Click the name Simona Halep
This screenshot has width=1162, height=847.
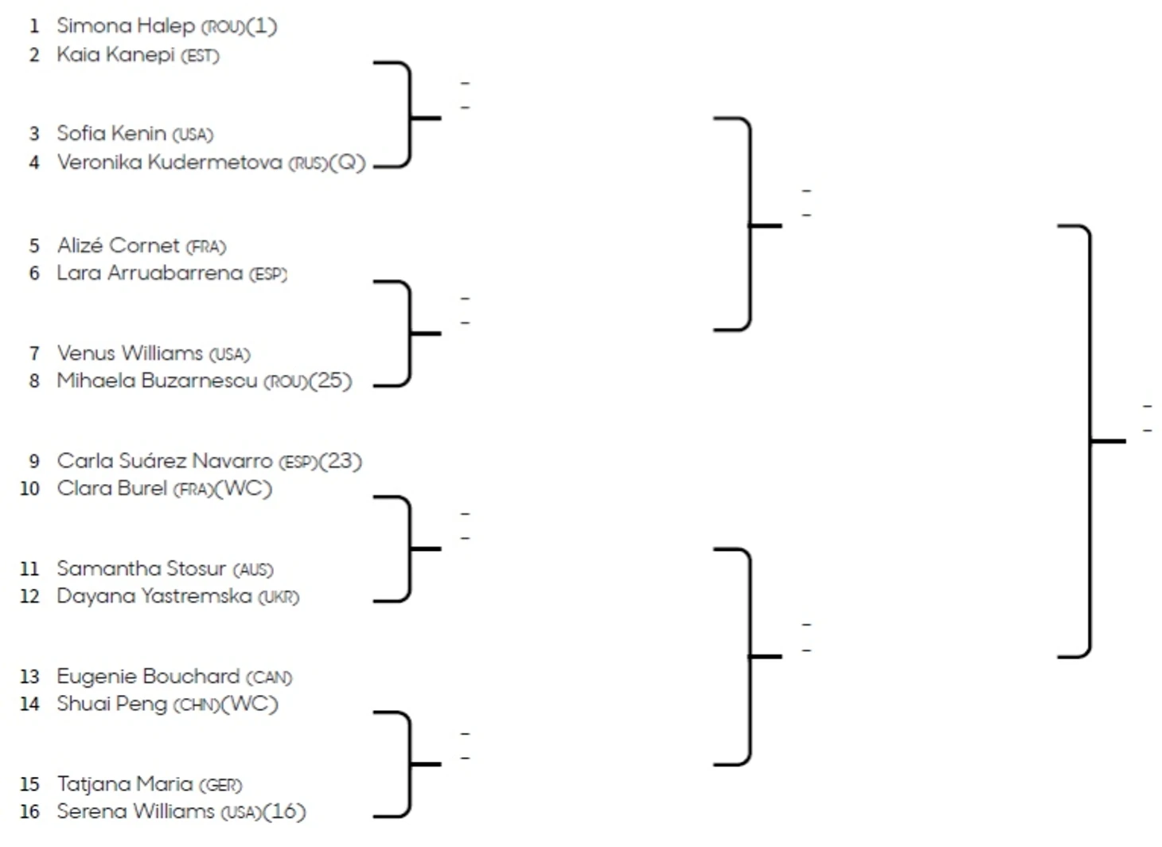point(125,26)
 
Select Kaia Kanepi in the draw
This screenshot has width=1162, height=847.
point(115,55)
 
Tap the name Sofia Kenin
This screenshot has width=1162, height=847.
point(111,134)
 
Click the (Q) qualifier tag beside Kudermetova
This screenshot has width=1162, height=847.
point(348,162)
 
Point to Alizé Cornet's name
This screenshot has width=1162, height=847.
point(118,246)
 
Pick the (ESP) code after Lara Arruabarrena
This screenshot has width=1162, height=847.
point(268,275)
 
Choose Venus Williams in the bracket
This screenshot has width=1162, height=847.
point(130,353)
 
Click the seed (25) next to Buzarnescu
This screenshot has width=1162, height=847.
point(330,381)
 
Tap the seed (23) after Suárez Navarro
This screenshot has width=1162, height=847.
point(341,462)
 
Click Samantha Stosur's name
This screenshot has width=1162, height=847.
point(141,569)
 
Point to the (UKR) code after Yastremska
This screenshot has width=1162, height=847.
point(279,597)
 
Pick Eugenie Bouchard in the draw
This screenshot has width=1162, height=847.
point(148,677)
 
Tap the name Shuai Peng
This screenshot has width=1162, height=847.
point(111,705)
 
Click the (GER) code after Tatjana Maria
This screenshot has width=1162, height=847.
point(220,786)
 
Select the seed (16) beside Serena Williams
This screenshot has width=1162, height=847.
point(284,812)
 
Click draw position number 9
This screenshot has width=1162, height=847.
point(34,462)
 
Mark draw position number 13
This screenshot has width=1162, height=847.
point(29,677)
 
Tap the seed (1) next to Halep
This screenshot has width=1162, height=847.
point(262,26)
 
